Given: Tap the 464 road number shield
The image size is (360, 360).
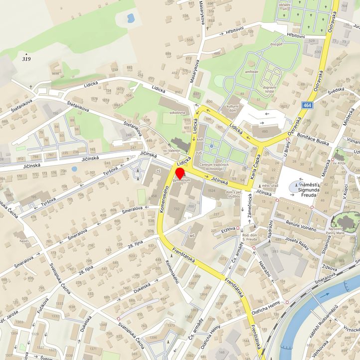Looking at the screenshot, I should point(308,105).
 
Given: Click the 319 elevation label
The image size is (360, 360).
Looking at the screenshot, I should point(26,58).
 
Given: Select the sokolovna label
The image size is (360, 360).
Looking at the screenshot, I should point(177,113).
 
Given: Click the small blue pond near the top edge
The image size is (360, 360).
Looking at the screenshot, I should point(131,19).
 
